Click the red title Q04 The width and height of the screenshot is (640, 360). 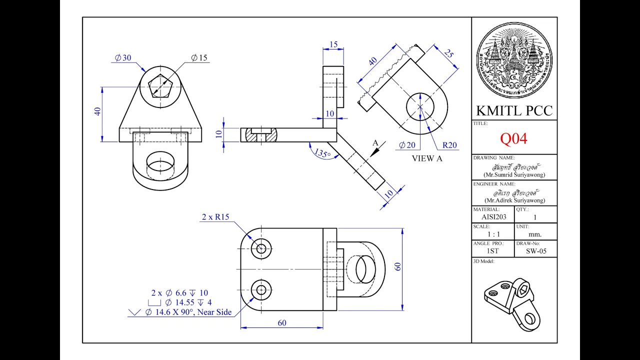pyautogui.click(x=514, y=138)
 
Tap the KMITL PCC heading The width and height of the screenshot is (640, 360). pyautogui.click(x=514, y=110)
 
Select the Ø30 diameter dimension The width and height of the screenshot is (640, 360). pyautogui.click(x=123, y=58)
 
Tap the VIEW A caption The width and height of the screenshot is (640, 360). pyautogui.click(x=427, y=158)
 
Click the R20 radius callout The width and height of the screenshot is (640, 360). pyautogui.click(x=449, y=145)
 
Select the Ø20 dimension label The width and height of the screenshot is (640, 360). pyautogui.click(x=407, y=145)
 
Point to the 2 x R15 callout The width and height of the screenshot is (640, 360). pyautogui.click(x=215, y=217)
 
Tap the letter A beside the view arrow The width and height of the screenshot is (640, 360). pyautogui.click(x=375, y=143)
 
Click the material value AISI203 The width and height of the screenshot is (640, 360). pyautogui.click(x=493, y=217)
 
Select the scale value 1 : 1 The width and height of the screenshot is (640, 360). pyautogui.click(x=493, y=234)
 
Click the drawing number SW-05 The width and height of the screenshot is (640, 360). pyautogui.click(x=535, y=251)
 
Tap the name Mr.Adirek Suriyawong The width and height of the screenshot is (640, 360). pyautogui.click(x=514, y=200)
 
